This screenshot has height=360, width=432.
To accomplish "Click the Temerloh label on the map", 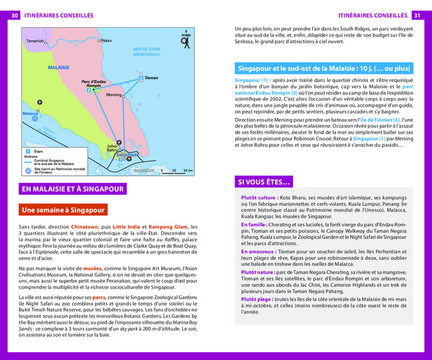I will (x=35, y=41).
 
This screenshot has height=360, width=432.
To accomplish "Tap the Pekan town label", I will (x=107, y=41).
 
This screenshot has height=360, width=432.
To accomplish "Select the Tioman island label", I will (x=151, y=78).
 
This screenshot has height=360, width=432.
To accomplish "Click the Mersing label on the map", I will (x=114, y=95).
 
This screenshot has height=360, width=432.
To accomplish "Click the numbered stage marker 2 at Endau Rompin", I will (x=89, y=91).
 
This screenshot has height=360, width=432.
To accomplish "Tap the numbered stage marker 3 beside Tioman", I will (x=141, y=78).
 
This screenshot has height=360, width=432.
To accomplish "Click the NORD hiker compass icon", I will (x=186, y=39).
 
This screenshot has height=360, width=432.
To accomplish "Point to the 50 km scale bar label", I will (x=188, y=170).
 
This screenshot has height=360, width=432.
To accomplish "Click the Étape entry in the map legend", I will (x=39, y=151).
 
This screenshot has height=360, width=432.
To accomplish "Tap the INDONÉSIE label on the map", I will (x=145, y=170).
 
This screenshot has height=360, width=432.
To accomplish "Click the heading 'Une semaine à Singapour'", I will (x=63, y=210).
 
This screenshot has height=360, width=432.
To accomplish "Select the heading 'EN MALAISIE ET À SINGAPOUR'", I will (x=73, y=189).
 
